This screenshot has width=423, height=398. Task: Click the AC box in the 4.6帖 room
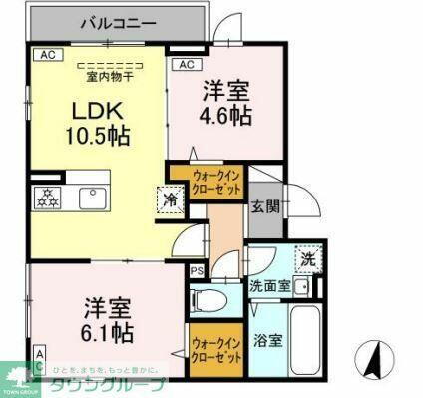point(184,65)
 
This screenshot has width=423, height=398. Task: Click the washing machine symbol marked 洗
point(304,257)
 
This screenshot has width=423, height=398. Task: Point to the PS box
point(197,269)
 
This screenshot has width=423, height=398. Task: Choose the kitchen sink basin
point(92,198)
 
